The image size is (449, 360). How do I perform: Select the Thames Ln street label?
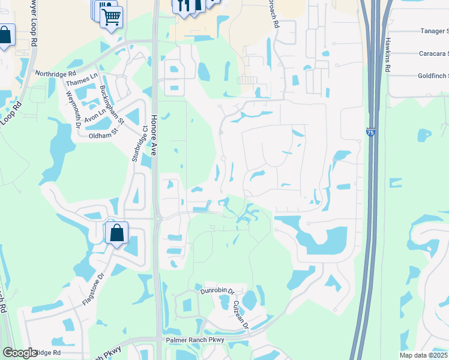coord(82,80)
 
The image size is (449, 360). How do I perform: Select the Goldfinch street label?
coord(433,76)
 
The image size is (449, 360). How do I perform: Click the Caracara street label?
coord(433,53)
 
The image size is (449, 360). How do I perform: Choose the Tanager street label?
coord(433,31)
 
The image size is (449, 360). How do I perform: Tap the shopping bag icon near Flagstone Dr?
coord(116,232)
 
